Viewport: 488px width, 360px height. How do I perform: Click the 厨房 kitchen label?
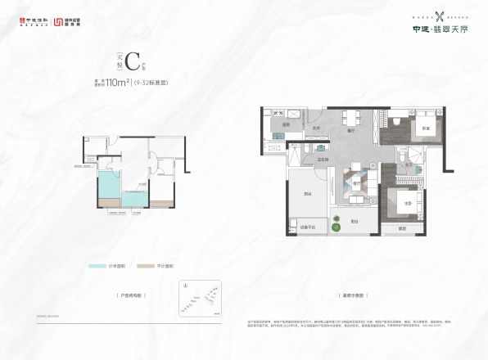coord(287,125)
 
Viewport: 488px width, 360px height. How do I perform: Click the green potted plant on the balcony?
coord(337,218)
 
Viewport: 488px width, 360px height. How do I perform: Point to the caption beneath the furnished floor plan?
coord(355,292)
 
